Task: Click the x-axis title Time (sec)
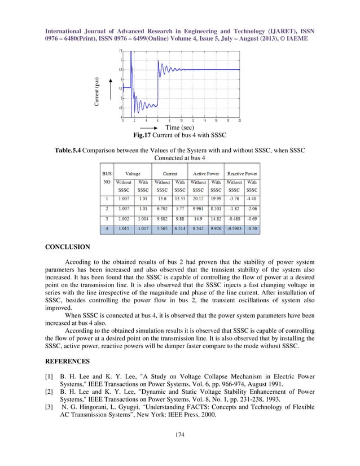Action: (180, 128)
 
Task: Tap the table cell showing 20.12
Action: (197, 199)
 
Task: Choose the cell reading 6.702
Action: (162, 209)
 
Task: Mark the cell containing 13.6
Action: (162, 199)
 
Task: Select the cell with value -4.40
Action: (252, 199)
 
